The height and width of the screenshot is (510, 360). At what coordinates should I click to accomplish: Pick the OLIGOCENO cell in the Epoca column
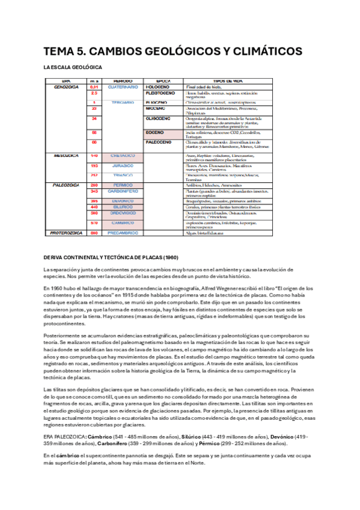[x=159, y=119]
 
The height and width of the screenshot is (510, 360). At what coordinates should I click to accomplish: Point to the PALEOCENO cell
[x=159, y=143]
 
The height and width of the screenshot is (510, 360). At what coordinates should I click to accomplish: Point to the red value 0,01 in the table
[x=94, y=87]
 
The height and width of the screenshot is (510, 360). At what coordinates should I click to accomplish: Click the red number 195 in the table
[x=94, y=165]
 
